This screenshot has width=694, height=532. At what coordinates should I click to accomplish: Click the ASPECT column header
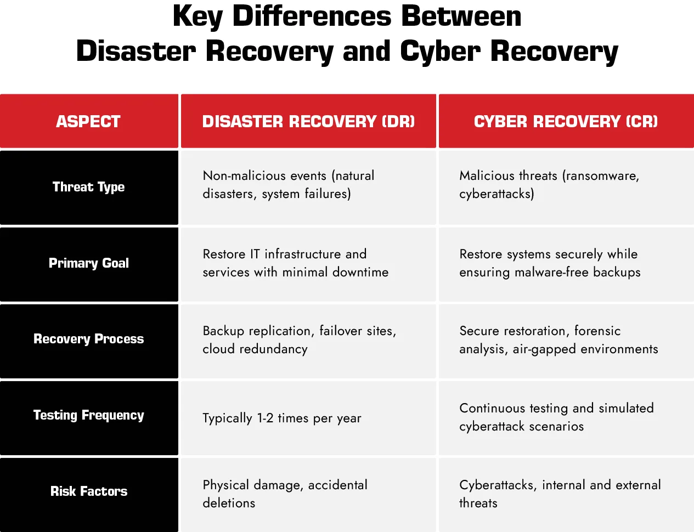click(88, 122)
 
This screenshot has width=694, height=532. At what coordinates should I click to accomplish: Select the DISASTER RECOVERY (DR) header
click(308, 122)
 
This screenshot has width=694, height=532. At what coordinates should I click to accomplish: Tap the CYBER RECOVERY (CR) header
click(566, 122)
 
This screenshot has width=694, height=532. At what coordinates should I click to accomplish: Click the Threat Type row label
click(88, 187)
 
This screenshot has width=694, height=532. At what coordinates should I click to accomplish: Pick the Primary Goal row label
click(89, 263)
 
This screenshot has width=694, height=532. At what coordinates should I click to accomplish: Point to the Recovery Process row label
click(89, 339)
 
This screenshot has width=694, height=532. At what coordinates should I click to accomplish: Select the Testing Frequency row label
click(89, 415)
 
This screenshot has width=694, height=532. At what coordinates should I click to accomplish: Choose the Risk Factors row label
click(89, 491)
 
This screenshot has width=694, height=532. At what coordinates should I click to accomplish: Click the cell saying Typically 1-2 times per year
click(281, 418)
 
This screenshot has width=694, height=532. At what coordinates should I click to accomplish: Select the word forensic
click(597, 331)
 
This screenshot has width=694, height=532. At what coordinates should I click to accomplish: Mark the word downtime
click(360, 272)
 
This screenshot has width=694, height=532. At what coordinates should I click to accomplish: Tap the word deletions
click(229, 503)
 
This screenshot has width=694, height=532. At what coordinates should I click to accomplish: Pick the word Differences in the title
click(312, 16)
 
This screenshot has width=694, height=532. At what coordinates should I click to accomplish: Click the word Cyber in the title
click(441, 51)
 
